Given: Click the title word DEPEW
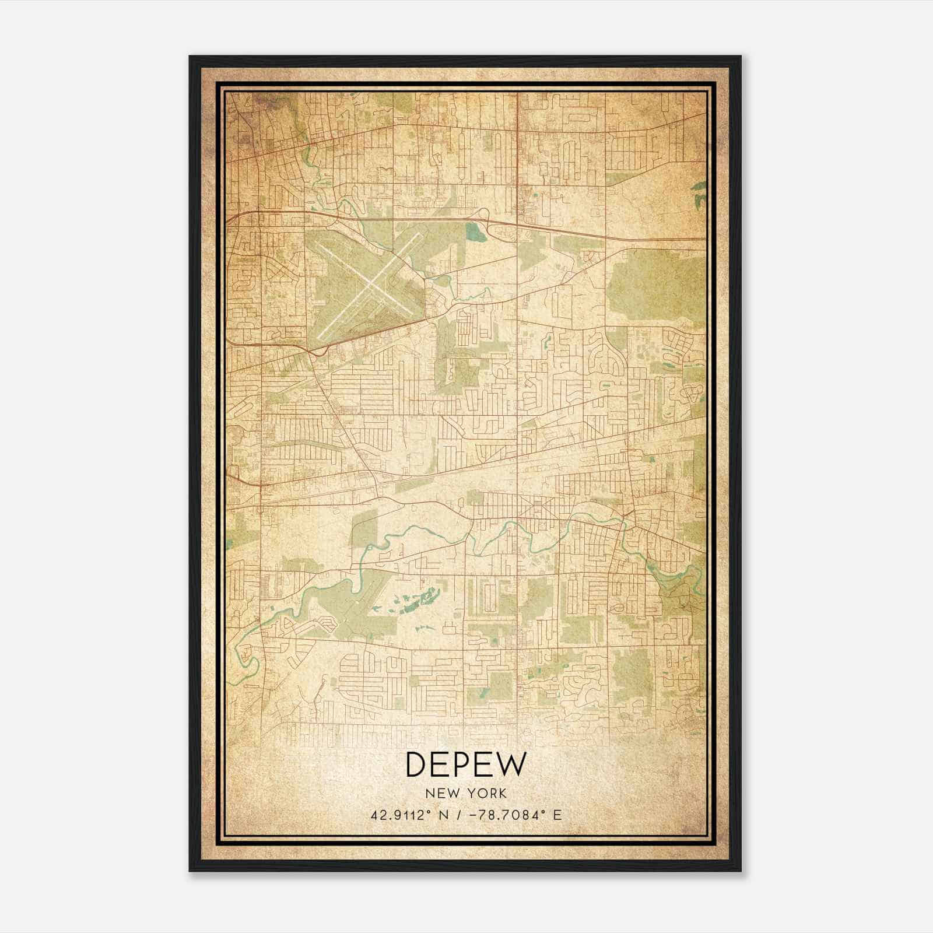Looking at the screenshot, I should [466, 764].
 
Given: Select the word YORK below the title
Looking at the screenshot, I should [486, 794].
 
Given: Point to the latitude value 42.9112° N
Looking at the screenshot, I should [408, 815].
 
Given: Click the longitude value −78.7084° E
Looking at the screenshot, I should [513, 815].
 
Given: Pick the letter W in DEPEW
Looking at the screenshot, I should [511, 764].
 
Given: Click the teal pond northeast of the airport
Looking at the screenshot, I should [476, 233].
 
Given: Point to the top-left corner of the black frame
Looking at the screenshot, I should [190, 57].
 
